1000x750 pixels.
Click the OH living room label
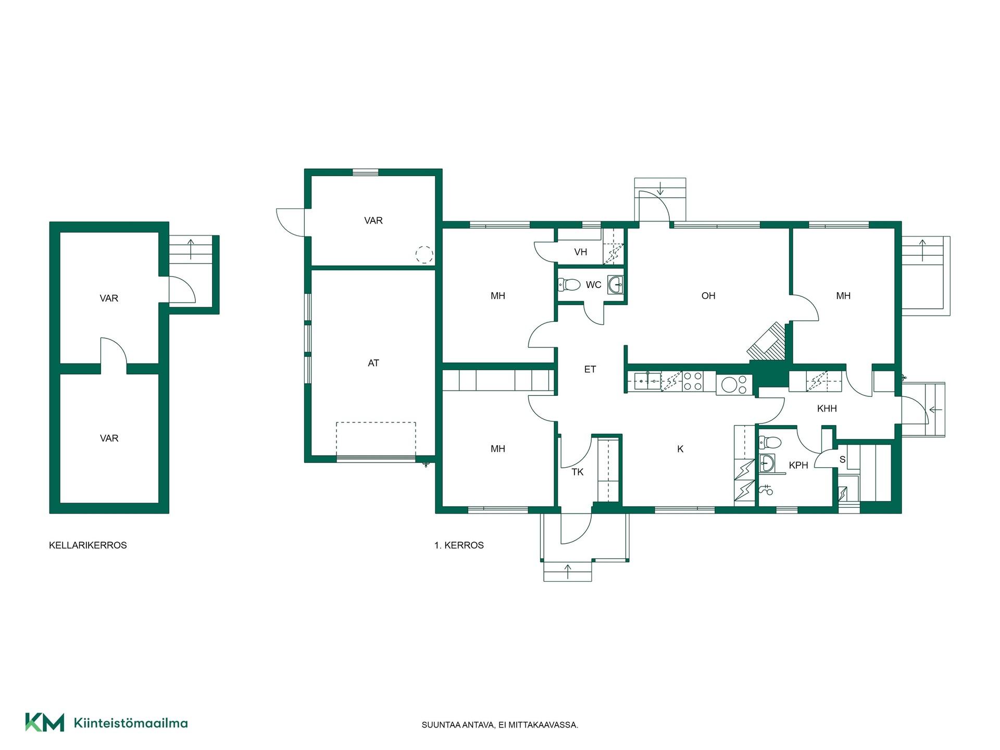pos(708,296)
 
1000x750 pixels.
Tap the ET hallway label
pos(590,369)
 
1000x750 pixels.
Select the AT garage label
pos(373,363)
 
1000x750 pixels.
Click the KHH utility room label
pos(827,409)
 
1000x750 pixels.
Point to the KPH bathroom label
pos(798,465)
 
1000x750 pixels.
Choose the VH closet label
pos(581,252)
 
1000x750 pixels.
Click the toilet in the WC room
pos(569,285)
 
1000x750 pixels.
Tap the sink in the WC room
pos(616,285)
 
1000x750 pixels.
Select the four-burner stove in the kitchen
pos(693,381)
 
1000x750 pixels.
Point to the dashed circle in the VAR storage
pos(424,255)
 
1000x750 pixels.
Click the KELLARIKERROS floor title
pos(88,545)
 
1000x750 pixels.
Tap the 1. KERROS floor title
pos(459,545)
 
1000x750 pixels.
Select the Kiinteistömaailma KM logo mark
pos(45,722)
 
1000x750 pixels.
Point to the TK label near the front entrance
pos(578,472)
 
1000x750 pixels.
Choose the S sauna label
pos(842,460)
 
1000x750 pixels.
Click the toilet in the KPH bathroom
pos(770,442)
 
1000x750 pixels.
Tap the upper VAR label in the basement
pos(109,298)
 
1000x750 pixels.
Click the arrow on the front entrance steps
pos(568,572)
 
